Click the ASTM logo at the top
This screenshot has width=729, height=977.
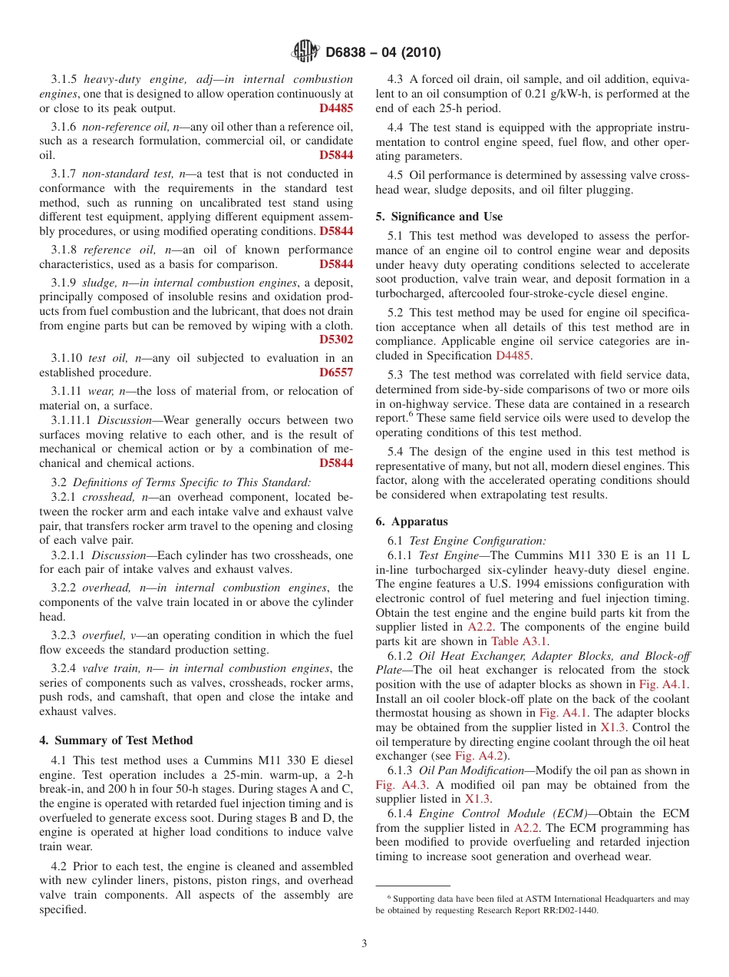(305, 52)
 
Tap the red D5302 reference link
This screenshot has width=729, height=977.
(336, 339)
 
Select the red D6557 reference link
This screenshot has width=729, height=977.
(336, 373)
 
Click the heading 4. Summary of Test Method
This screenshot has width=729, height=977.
(116, 740)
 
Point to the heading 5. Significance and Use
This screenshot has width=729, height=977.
(439, 217)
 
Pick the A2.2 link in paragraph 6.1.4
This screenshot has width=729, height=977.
(526, 828)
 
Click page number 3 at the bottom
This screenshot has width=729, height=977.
(364, 944)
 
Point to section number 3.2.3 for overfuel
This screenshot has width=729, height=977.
(61, 635)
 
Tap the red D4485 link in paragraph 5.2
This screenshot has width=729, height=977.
(516, 356)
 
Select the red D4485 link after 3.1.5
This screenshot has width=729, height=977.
(336, 108)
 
